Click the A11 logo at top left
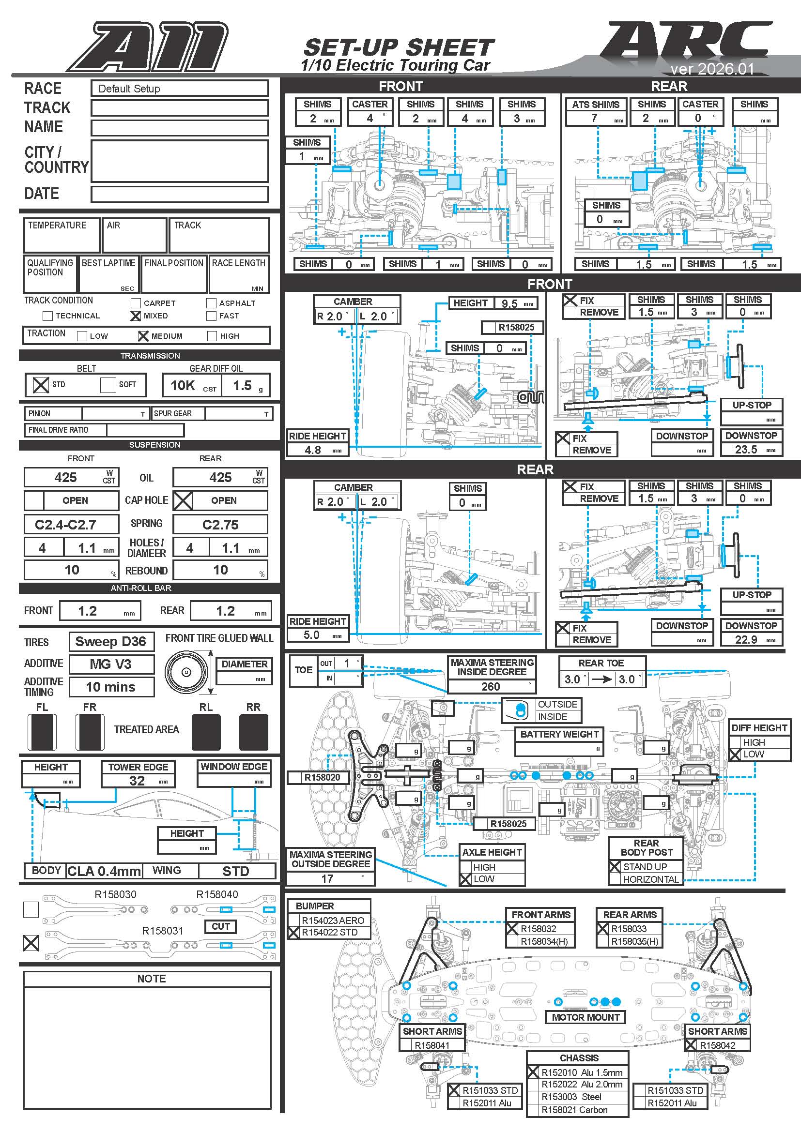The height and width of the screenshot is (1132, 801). pyautogui.click(x=148, y=47)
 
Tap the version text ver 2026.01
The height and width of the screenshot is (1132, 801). pyautogui.click(x=712, y=69)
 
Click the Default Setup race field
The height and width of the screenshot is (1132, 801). pyautogui.click(x=179, y=89)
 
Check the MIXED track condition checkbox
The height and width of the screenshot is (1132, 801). pyautogui.click(x=136, y=316)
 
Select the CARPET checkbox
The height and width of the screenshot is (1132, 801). pyautogui.click(x=136, y=302)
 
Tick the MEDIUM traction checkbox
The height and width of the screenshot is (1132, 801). pyautogui.click(x=143, y=336)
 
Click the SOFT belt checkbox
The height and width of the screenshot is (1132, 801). pyautogui.click(x=108, y=385)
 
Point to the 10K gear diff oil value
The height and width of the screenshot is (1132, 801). pyautogui.click(x=183, y=386)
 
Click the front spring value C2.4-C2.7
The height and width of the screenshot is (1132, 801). pyautogui.click(x=65, y=525)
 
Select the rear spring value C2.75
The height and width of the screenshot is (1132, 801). pyautogui.click(x=220, y=525)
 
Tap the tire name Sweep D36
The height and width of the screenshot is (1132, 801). pyautogui.click(x=110, y=641)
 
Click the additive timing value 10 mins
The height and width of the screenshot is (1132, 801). pyautogui.click(x=110, y=687)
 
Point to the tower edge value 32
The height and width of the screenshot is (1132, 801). pyautogui.click(x=137, y=781)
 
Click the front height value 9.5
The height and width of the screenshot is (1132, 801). pyautogui.click(x=509, y=304)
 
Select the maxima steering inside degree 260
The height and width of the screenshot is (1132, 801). pyautogui.click(x=490, y=686)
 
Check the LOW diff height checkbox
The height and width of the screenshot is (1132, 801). pyautogui.click(x=736, y=755)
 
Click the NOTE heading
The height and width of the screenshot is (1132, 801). pyautogui.click(x=152, y=979)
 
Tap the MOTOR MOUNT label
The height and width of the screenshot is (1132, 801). pyautogui.click(x=585, y=1017)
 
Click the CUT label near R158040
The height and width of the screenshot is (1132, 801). pyautogui.click(x=220, y=926)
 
